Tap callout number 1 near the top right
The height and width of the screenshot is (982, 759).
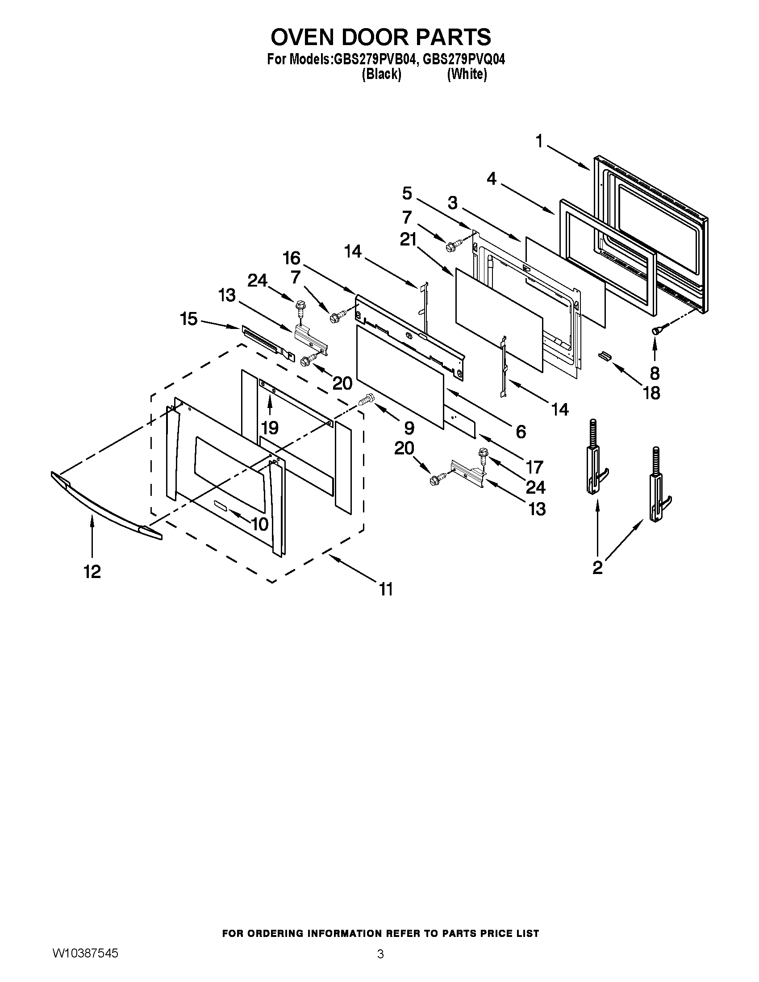click(x=540, y=142)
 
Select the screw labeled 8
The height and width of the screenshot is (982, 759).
click(x=657, y=330)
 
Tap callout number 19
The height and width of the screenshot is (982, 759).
click(x=270, y=428)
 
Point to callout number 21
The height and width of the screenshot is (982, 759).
click(x=408, y=241)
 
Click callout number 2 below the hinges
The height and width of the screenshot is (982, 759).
click(x=597, y=568)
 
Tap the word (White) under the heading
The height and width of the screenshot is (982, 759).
click(x=467, y=74)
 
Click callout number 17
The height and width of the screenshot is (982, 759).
click(x=534, y=467)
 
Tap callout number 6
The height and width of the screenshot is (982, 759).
click(x=521, y=432)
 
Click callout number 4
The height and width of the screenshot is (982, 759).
click(x=492, y=179)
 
